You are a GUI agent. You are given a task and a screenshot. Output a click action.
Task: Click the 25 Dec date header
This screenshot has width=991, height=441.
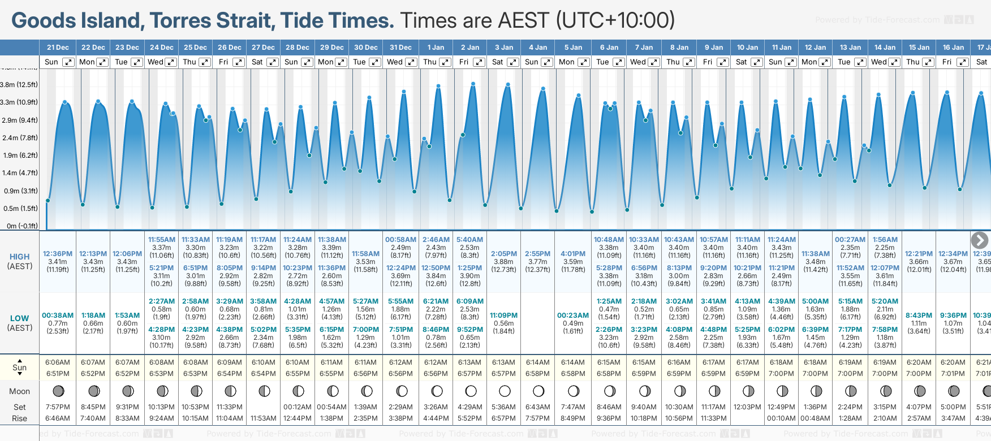click(x=195, y=47)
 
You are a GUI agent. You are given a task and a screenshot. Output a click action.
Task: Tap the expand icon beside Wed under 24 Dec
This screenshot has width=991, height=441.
click(x=170, y=62)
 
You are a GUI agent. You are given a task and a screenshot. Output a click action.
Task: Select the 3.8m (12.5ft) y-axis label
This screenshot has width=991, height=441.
click(x=19, y=85)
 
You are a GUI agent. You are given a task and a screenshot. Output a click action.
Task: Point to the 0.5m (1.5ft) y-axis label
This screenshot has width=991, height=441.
click(x=19, y=208)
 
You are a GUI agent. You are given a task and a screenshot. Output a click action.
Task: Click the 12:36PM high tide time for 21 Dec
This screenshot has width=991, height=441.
click(x=58, y=254)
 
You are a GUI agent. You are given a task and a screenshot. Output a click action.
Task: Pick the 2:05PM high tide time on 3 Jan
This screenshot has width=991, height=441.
click(x=503, y=254)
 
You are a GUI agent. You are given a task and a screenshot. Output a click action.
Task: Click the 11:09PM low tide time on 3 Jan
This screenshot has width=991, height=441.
click(x=503, y=315)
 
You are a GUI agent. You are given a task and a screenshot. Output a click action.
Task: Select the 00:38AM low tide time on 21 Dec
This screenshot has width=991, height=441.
click(x=58, y=315)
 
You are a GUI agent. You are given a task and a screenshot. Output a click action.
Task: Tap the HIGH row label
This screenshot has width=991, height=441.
click(x=19, y=257)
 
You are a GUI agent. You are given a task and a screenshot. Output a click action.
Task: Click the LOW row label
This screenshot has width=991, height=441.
click(x=19, y=318)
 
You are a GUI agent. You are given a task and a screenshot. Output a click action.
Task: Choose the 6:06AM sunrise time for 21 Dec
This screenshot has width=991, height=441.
click(x=58, y=362)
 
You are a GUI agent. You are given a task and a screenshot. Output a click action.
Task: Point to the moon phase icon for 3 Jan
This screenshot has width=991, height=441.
click(x=505, y=391)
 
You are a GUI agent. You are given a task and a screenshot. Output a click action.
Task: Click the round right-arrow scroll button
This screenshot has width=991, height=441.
click(x=979, y=240)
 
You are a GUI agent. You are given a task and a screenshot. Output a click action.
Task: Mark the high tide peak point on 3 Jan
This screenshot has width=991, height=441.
click(x=508, y=85)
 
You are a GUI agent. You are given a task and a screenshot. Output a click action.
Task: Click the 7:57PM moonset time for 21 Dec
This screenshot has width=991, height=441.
click(x=58, y=407)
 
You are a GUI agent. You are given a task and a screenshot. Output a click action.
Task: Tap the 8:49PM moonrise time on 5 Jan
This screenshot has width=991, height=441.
click(x=573, y=418)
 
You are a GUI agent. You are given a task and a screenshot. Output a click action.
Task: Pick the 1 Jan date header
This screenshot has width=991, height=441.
click(x=436, y=47)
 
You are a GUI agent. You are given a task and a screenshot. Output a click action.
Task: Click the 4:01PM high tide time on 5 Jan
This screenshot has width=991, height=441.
click(x=573, y=254)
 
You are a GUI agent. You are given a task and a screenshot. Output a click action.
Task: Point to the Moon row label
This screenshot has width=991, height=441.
click(x=19, y=391)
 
